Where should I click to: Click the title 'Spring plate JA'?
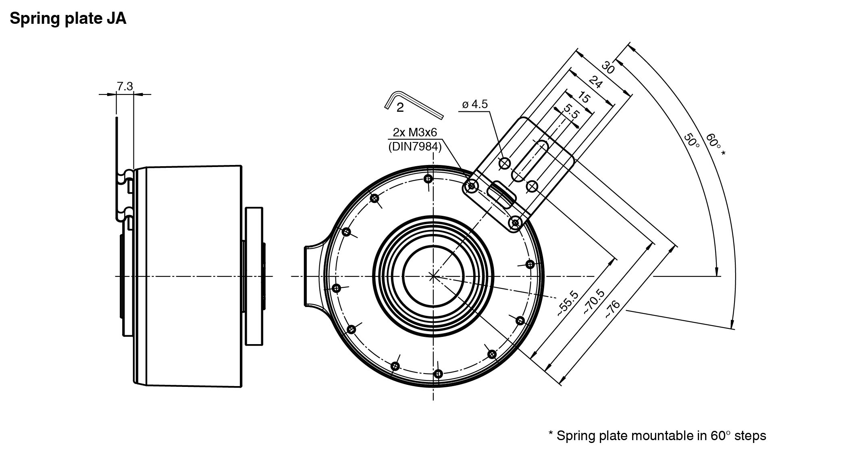(68, 19)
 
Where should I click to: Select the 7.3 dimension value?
(125, 86)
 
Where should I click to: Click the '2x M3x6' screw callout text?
(415, 132)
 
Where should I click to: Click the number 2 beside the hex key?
(400, 108)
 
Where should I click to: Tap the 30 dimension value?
(608, 67)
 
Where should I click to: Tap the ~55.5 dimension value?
(568, 303)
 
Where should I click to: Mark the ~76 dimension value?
(612, 309)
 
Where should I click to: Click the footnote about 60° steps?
(657, 436)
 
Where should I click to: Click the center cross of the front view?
(433, 276)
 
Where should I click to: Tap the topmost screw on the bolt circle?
(428, 179)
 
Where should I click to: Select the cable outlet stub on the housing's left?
(313, 276)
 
